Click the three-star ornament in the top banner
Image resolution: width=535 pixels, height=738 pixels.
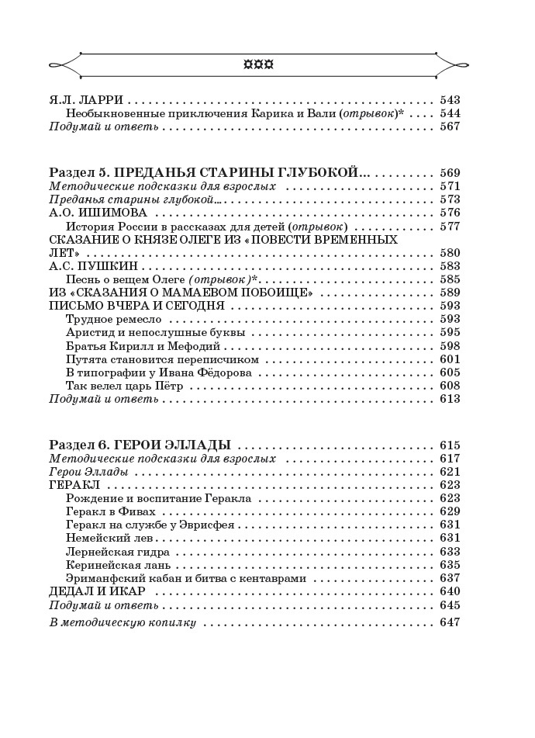click(259, 65)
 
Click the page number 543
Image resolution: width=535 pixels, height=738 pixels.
click(450, 100)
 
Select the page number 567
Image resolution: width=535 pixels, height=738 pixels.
click(450, 126)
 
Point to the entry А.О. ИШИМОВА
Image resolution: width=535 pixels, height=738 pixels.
click(98, 213)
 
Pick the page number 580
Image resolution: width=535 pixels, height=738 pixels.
click(450, 253)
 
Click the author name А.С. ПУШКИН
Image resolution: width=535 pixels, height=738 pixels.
click(93, 266)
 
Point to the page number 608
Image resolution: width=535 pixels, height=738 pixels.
click(450, 386)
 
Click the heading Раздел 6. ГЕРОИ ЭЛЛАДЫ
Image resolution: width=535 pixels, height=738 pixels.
click(140, 445)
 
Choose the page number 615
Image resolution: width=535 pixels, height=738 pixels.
click(450, 445)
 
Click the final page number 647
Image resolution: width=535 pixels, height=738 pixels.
click(450, 622)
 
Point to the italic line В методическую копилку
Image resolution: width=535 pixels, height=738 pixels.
click(123, 622)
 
